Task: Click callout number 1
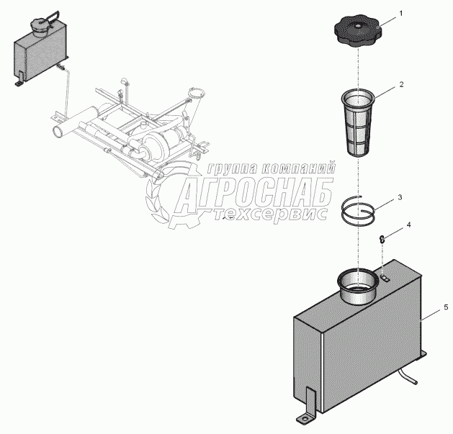(400, 14)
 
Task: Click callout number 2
(401, 84)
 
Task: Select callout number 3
(400, 197)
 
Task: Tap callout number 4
(408, 225)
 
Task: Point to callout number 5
(446, 307)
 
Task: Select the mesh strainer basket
(358, 122)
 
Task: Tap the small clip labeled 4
(382, 239)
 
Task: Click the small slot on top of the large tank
(385, 278)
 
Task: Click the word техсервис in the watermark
(270, 214)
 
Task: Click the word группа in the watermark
(231, 168)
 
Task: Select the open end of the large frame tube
(58, 132)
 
